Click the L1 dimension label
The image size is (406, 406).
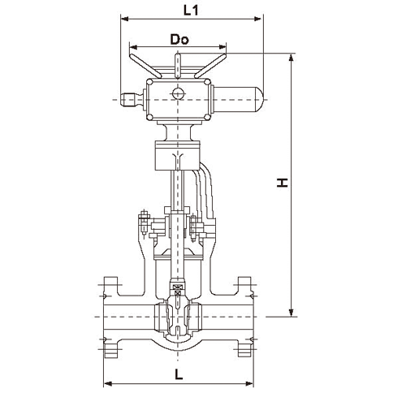[x=191, y=11]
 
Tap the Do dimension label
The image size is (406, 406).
[x=179, y=40]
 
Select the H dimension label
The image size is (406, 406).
[x=283, y=183]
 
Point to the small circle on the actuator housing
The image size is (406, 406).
[x=178, y=93]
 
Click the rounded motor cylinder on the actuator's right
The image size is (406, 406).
[x=237, y=99]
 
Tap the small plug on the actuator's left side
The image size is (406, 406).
[x=132, y=100]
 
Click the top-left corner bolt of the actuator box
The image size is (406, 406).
[x=149, y=82]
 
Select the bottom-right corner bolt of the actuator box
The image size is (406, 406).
[x=207, y=117]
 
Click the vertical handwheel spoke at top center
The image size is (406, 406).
[x=178, y=66]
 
